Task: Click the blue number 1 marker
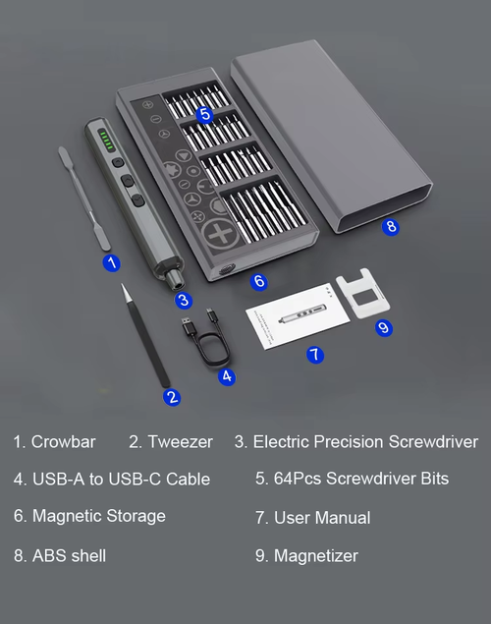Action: [x=112, y=263]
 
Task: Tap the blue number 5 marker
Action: [x=205, y=114]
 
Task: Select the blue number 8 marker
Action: [x=391, y=226]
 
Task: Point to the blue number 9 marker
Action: [x=384, y=327]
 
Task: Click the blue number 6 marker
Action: [x=259, y=281]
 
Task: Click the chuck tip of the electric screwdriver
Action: [x=175, y=280]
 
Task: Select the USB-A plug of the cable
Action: [x=189, y=327]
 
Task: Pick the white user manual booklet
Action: [x=299, y=316]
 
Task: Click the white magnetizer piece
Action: [x=362, y=294]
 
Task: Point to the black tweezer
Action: [x=145, y=335]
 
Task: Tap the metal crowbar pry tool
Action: [x=84, y=199]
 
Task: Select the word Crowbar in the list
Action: [x=63, y=442]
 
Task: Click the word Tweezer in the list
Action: [x=180, y=442]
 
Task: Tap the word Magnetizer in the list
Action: [x=315, y=555]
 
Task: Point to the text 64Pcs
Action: [x=298, y=479]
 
